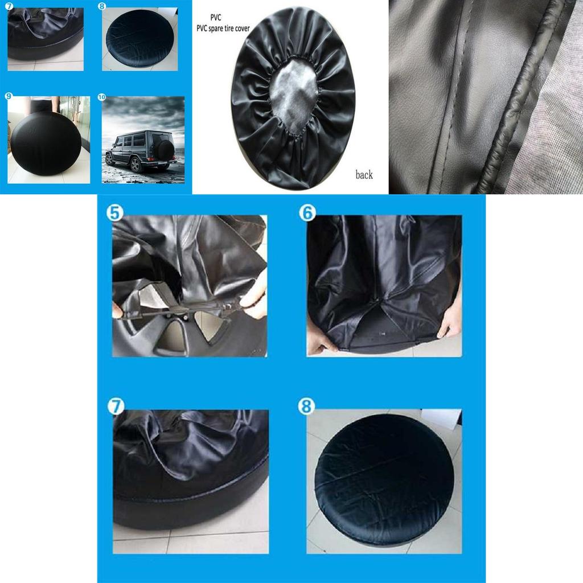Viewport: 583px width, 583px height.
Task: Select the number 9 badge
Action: tap(9, 96)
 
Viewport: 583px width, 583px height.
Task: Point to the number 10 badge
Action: tap(102, 97)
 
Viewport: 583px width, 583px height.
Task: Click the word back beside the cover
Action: tap(364, 175)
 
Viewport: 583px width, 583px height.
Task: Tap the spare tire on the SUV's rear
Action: tap(166, 150)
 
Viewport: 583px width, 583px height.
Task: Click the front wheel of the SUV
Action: tap(136, 165)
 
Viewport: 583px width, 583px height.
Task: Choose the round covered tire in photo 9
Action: tap(46, 142)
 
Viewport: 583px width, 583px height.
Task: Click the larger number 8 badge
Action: tap(306, 407)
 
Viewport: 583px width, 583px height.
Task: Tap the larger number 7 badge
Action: tap(116, 407)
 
